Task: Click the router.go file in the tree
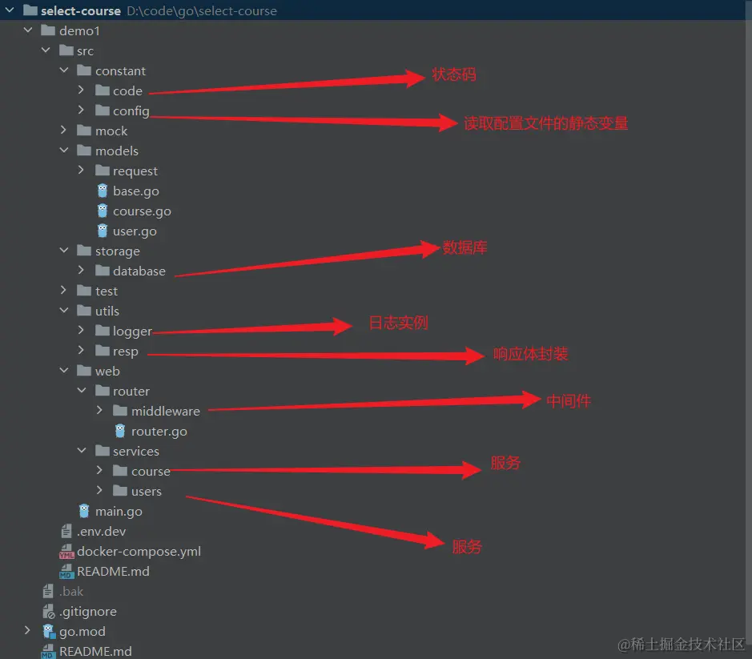pos(159,432)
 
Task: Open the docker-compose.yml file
pos(139,552)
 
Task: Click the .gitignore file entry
pos(87,612)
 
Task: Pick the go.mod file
pos(82,632)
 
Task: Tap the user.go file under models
pos(135,231)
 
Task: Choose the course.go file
pos(142,211)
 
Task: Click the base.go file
pos(135,191)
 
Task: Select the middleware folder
pos(165,412)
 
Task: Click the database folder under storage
pos(139,271)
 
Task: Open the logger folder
pos(132,332)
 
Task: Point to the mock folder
pos(111,131)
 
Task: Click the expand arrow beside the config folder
pos(82,111)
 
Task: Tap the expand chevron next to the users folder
pos(99,491)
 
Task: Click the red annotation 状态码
pos(454,75)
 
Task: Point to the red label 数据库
pos(465,248)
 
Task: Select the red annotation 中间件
pos(569,400)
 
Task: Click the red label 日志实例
pos(398,323)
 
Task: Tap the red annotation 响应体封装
pos(531,354)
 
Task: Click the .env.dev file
pos(101,532)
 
